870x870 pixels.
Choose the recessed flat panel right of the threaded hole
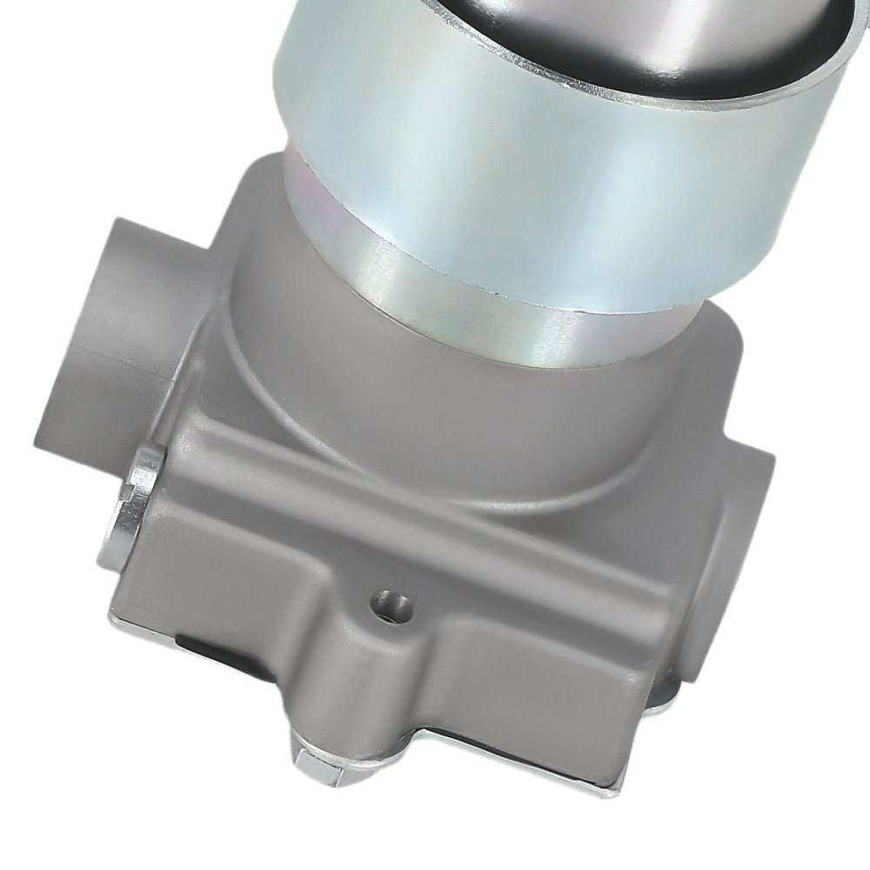(x=539, y=661)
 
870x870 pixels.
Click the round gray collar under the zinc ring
(x=452, y=400)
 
